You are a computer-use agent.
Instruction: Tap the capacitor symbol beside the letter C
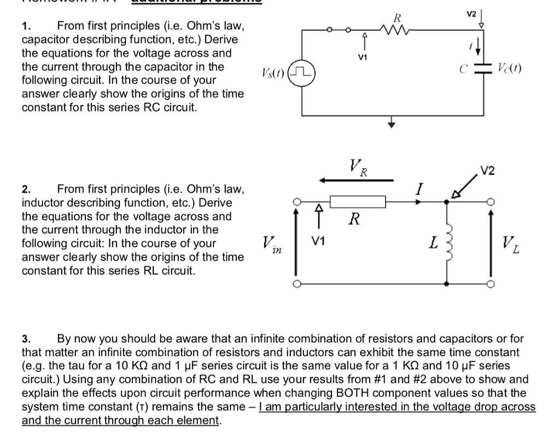[x=482, y=70]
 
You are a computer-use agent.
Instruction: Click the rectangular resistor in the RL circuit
[x=358, y=201]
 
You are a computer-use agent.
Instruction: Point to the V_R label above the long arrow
[x=358, y=165]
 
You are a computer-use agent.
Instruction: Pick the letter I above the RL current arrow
[x=418, y=189]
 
